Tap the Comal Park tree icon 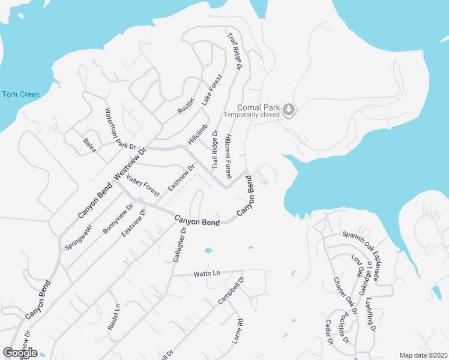click(290, 109)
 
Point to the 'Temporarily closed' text click(252, 115)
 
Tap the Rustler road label click(187, 106)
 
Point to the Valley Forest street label click(143, 186)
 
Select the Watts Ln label click(207, 274)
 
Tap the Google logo click(20, 353)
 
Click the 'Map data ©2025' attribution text click(423, 355)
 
